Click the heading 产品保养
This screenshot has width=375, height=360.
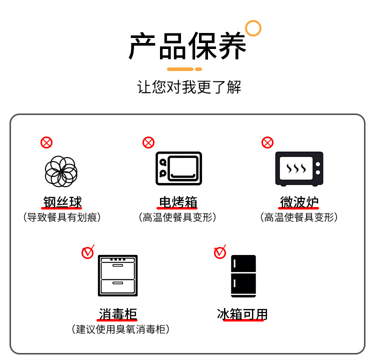(187, 46)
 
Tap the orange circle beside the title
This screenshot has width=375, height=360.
(253, 28)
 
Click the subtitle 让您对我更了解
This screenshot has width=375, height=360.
(189, 87)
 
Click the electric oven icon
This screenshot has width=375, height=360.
(178, 168)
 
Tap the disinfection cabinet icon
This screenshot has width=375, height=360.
(117, 275)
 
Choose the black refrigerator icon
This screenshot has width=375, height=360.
(243, 276)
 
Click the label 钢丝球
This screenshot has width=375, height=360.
(62, 202)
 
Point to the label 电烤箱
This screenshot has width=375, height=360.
(178, 202)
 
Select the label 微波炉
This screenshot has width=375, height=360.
(299, 202)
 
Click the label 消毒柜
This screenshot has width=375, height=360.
(117, 314)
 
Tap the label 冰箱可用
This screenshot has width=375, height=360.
(242, 314)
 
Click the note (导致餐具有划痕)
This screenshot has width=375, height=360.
(62, 217)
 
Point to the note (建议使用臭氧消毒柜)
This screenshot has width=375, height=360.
(120, 329)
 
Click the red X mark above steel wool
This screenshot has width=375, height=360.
(46, 142)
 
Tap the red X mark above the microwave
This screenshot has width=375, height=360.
(267, 142)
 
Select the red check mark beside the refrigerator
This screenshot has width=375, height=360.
(220, 252)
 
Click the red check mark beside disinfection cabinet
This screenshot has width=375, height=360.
(88, 252)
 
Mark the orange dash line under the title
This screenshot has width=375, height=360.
(184, 69)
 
